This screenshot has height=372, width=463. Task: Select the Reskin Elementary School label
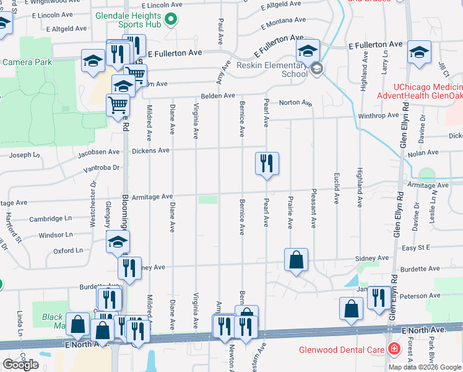(x=272, y=69)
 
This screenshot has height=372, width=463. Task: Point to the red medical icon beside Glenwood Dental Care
(x=393, y=349)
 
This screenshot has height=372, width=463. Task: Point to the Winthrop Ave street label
(x=378, y=116)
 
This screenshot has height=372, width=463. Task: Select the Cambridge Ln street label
(x=51, y=219)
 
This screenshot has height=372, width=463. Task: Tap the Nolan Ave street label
(x=423, y=152)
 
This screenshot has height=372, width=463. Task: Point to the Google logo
(x=20, y=365)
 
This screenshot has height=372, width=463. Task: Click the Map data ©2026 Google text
(x=425, y=366)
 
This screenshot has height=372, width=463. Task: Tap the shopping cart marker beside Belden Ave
(x=118, y=105)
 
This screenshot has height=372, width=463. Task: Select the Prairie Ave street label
(x=290, y=212)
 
